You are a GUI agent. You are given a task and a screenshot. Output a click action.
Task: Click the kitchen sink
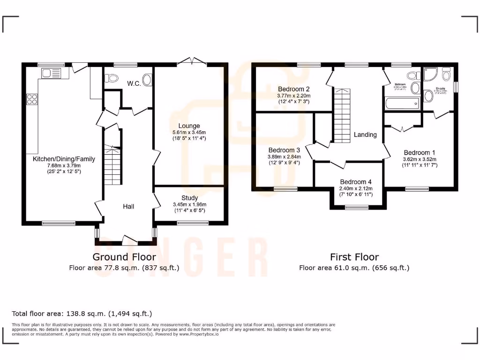(x=51, y=73)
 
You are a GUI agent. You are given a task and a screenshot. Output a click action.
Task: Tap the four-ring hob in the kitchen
(x=32, y=99)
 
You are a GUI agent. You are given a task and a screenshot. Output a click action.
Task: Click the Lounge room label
(x=189, y=126)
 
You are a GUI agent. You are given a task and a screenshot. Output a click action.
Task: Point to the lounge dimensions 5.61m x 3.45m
(x=189, y=132)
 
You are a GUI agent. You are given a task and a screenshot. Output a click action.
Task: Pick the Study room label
(x=189, y=198)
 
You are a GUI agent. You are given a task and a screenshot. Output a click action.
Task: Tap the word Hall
(x=129, y=206)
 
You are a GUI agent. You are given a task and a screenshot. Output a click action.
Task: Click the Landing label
(x=365, y=135)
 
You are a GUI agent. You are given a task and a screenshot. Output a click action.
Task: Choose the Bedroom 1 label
(x=420, y=152)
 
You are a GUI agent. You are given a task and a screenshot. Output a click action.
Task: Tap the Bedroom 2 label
(x=293, y=89)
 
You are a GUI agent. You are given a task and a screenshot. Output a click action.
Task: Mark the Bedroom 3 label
(x=284, y=150)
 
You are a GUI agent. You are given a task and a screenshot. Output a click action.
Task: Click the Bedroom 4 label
(x=356, y=182)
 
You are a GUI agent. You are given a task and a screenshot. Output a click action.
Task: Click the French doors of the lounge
(x=191, y=61)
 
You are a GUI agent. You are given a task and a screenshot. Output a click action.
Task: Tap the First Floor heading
(x=354, y=257)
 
